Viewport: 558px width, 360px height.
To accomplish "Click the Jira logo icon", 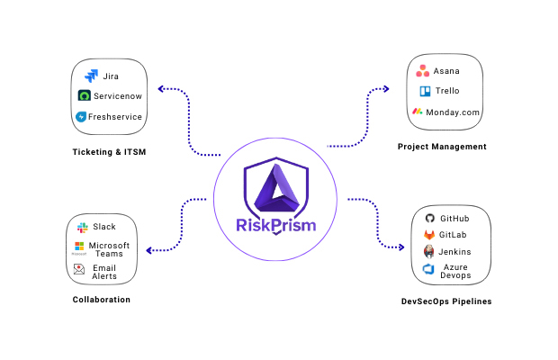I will tap(91, 76).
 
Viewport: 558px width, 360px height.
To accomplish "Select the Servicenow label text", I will tap(119, 96).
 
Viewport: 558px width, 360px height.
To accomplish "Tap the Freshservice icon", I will tap(82, 117).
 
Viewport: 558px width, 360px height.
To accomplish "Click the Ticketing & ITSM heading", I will tap(109, 152).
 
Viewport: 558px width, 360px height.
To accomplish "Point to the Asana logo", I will tap(422, 71).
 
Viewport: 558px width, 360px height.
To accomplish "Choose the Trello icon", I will tap(425, 91).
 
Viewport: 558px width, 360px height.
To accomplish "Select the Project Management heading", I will tap(442, 147).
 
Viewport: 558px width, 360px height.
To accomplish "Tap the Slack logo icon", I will tap(83, 227).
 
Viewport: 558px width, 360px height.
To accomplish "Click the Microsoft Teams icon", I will tap(79, 246).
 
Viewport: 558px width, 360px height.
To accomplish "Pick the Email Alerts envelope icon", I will tap(79, 268).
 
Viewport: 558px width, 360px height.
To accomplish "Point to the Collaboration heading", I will tap(102, 300).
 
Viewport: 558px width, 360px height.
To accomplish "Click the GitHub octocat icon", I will tap(429, 219).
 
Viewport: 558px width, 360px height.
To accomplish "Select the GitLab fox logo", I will tap(429, 235).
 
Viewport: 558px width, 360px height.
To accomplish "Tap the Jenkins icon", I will tap(429, 252).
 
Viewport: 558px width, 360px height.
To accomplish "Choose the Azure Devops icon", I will tap(429, 269).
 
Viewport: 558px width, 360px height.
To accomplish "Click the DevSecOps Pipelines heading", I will tap(446, 301).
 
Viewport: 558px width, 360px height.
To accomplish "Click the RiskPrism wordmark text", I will tap(275, 225).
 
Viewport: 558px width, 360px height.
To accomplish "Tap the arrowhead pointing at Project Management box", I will tap(386, 89).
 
